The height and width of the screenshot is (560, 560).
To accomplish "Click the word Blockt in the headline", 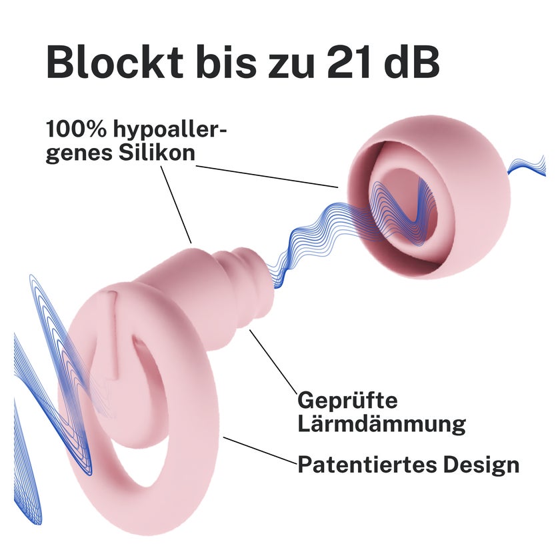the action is [115, 62].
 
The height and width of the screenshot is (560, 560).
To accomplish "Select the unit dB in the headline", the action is [411, 61].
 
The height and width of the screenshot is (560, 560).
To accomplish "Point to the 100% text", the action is [76, 129].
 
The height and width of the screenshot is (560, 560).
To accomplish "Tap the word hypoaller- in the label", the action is [171, 131].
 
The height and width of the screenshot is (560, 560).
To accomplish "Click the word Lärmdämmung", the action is [382, 423].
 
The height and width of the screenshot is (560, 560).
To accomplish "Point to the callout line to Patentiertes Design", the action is [261, 450].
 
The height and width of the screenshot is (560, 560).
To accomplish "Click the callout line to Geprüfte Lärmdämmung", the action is [273, 361].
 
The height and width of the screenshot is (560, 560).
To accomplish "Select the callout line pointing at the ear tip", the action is [267, 177].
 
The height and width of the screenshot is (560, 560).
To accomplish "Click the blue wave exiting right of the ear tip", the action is [527, 167].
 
